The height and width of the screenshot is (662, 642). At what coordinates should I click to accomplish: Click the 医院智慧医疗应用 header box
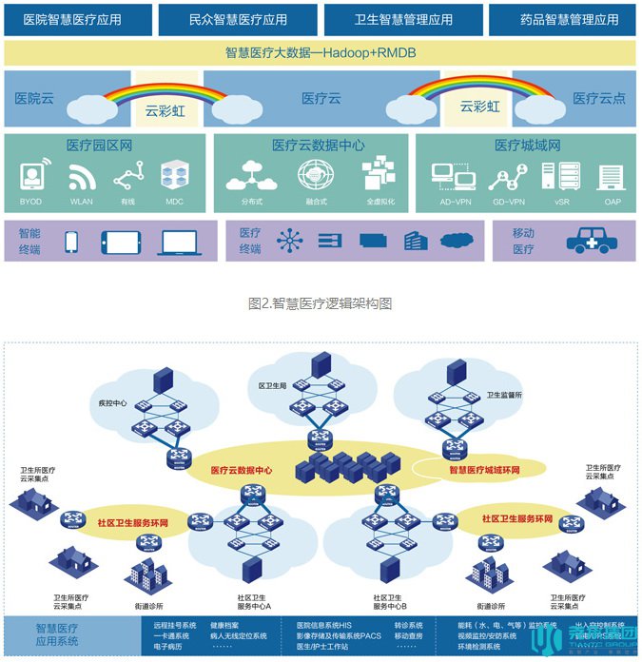point(79,18)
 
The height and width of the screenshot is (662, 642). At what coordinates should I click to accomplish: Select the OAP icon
point(609,176)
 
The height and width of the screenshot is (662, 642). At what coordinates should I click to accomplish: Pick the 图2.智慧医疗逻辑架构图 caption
point(321,303)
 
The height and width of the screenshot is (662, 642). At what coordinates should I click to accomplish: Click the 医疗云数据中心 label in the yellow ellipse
point(242,469)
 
